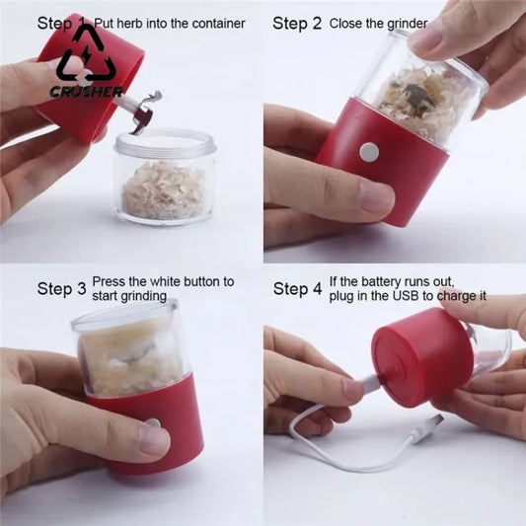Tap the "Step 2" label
click(297, 23)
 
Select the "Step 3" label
click(61, 289)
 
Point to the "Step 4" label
click(297, 289)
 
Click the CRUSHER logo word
click(86, 92)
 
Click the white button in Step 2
click(369, 151)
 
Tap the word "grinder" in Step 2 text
click(405, 22)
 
